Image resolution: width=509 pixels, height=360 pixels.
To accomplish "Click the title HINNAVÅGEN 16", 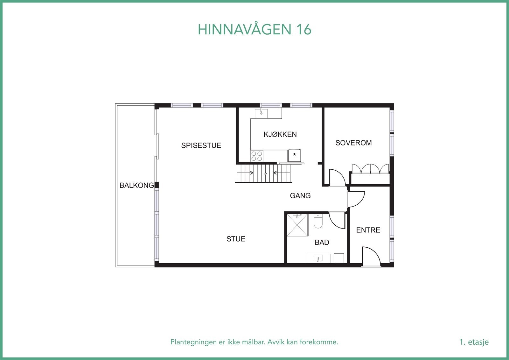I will [254, 30].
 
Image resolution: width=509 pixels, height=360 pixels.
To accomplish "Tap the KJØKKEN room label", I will [280, 134].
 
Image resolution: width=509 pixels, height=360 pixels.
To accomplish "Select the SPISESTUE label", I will [201, 145].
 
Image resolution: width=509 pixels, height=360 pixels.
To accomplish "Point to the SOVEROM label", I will [353, 143].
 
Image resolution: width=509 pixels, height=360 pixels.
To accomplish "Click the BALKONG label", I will [136, 185].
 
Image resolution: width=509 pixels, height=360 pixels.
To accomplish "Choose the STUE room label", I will [236, 239].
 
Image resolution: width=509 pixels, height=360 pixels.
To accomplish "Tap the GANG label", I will [300, 196].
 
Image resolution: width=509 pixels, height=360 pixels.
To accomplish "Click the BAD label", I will [322, 243].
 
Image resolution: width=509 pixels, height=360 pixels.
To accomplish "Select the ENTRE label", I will [368, 230].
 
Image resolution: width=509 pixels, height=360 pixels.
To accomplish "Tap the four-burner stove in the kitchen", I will [257, 156].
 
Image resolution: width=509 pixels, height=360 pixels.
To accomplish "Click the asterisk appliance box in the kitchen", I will [295, 155].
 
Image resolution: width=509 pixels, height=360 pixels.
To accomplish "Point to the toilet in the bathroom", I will [318, 221].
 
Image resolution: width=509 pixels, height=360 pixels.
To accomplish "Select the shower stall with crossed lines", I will [297, 225].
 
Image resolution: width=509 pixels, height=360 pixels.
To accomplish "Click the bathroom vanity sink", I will [318, 258].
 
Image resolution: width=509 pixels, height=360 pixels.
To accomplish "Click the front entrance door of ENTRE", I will [371, 256].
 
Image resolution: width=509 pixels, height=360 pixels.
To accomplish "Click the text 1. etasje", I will [474, 342].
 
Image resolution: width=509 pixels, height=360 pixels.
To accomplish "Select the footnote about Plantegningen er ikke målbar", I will [254, 342].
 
